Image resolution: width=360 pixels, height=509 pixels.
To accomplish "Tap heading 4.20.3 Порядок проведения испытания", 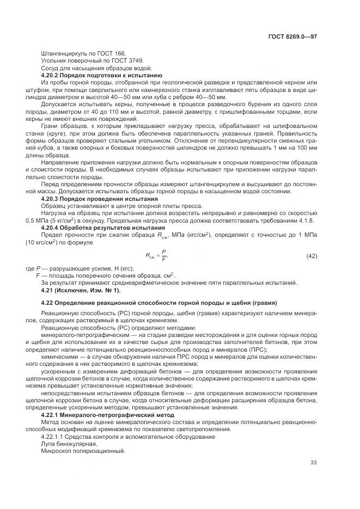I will pos(99,199).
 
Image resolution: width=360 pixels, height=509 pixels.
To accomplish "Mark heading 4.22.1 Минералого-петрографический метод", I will pos(108,415).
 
